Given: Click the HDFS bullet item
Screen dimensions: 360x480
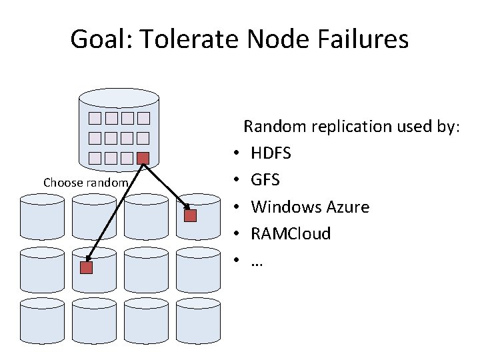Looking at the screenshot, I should pyautogui.click(x=271, y=153).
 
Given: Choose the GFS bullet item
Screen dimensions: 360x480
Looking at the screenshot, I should pyautogui.click(x=265, y=180).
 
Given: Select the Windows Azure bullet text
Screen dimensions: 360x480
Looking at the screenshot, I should pyautogui.click(x=310, y=207).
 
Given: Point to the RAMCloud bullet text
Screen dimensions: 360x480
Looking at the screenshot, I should pyautogui.click(x=290, y=234).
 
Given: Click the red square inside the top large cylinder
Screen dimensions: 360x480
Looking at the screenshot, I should pyautogui.click(x=143, y=159).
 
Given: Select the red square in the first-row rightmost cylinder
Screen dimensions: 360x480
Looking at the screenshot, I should pyautogui.click(x=191, y=216).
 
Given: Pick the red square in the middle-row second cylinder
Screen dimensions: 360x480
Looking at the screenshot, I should pyautogui.click(x=86, y=268).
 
